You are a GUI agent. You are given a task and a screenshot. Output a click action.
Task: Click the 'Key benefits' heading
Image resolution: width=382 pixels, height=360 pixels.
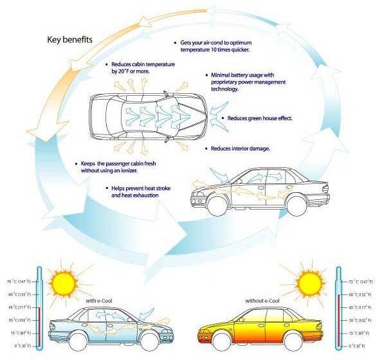point(69,39)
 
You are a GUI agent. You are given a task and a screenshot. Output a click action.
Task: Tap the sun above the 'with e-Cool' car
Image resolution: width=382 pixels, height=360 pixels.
point(64,283)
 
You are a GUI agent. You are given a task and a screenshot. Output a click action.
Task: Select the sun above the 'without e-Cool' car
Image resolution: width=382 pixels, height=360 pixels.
point(310,283)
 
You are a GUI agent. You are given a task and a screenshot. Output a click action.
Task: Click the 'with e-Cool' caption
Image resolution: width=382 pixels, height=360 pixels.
point(99,301)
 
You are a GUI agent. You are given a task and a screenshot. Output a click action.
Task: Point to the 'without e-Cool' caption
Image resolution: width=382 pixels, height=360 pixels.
point(262,301)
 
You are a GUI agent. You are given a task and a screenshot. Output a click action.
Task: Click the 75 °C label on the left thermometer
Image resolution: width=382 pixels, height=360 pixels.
point(19,282)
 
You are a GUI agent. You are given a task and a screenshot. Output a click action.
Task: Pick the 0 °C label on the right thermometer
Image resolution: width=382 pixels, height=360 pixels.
point(357,346)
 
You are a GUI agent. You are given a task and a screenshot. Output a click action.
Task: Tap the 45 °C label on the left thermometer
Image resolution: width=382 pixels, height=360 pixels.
point(19,307)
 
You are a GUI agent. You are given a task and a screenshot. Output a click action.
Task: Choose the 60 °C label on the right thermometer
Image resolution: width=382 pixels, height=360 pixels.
point(360,294)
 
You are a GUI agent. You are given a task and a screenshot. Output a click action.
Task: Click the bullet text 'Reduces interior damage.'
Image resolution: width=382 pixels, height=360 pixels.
point(241,148)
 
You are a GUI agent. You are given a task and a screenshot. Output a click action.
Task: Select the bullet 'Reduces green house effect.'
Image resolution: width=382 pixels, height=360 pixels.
point(260,118)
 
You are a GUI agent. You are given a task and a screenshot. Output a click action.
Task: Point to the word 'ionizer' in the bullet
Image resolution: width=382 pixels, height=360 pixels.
point(129,170)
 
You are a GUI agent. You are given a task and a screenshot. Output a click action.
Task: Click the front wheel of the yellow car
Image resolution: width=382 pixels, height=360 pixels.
point(222,341)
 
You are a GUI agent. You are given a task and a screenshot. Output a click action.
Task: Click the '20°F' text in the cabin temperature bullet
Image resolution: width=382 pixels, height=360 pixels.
point(123,71)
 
